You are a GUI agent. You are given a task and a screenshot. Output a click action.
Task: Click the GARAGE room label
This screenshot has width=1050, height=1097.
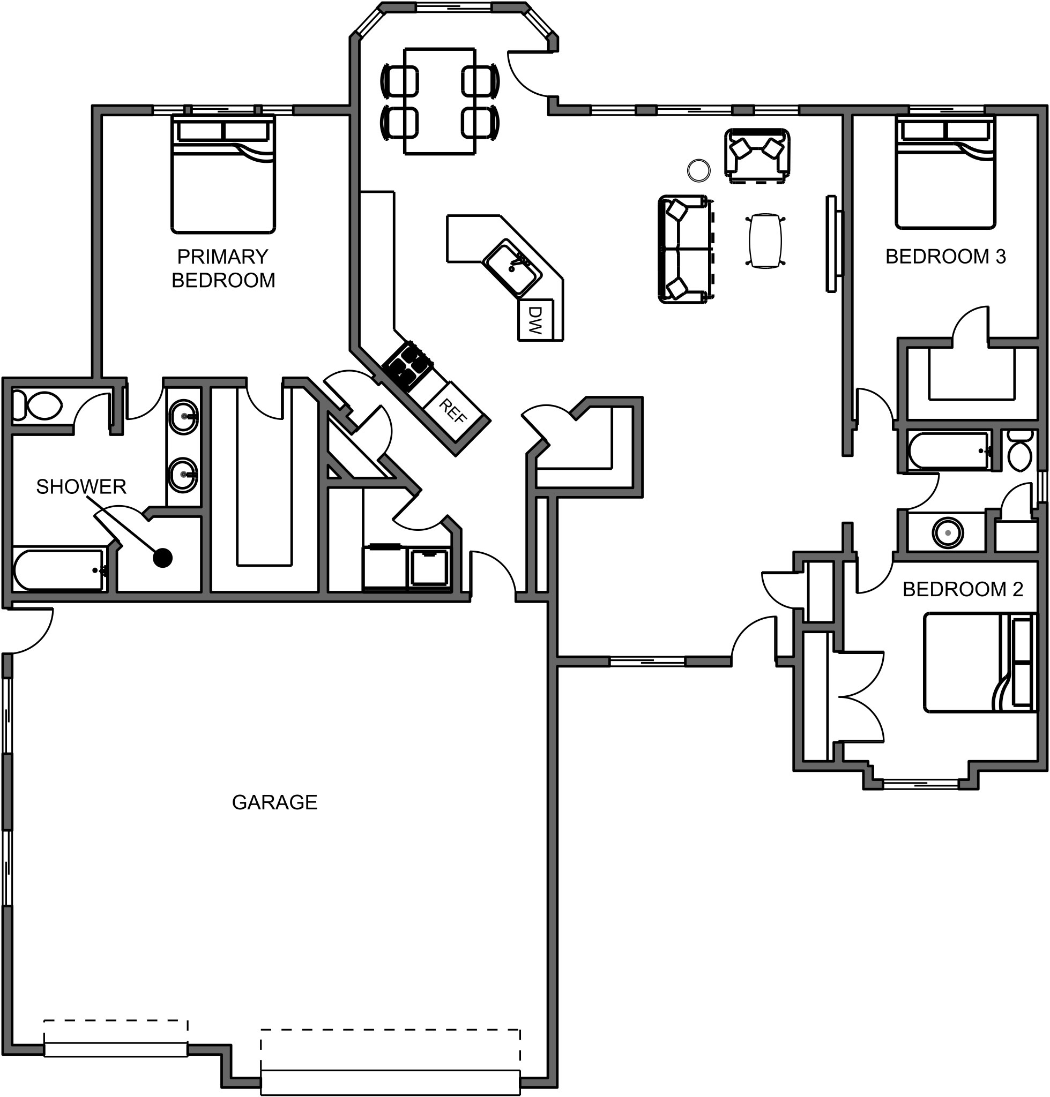coord(274,802)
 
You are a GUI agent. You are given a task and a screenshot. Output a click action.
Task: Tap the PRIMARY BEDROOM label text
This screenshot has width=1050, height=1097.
coord(223,268)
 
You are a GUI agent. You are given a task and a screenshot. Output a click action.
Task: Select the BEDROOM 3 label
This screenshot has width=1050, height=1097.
coord(945,256)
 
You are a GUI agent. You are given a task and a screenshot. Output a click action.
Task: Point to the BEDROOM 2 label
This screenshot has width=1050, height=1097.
coord(963,589)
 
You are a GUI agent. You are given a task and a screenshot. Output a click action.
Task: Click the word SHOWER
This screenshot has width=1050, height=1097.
coord(81,487)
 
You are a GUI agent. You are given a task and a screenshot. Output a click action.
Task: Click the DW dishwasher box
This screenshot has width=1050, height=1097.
coord(535,320)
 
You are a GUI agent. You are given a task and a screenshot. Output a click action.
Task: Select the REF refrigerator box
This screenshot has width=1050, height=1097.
coord(452,411)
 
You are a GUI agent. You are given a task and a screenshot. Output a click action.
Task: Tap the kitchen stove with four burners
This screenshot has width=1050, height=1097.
coord(408,365)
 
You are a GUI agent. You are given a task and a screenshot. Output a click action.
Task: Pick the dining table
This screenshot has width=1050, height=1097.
coord(440,101)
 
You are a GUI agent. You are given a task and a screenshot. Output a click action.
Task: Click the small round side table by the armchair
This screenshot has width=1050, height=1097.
coord(698,170)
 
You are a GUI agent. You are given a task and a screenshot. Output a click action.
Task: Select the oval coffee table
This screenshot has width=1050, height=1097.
coord(764,241)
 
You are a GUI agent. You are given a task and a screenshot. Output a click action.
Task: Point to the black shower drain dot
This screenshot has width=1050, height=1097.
coord(162,558)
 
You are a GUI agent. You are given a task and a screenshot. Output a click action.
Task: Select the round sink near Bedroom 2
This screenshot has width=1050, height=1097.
coord(948,532)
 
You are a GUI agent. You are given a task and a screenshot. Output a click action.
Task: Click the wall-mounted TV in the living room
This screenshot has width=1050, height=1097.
coord(832,243)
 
